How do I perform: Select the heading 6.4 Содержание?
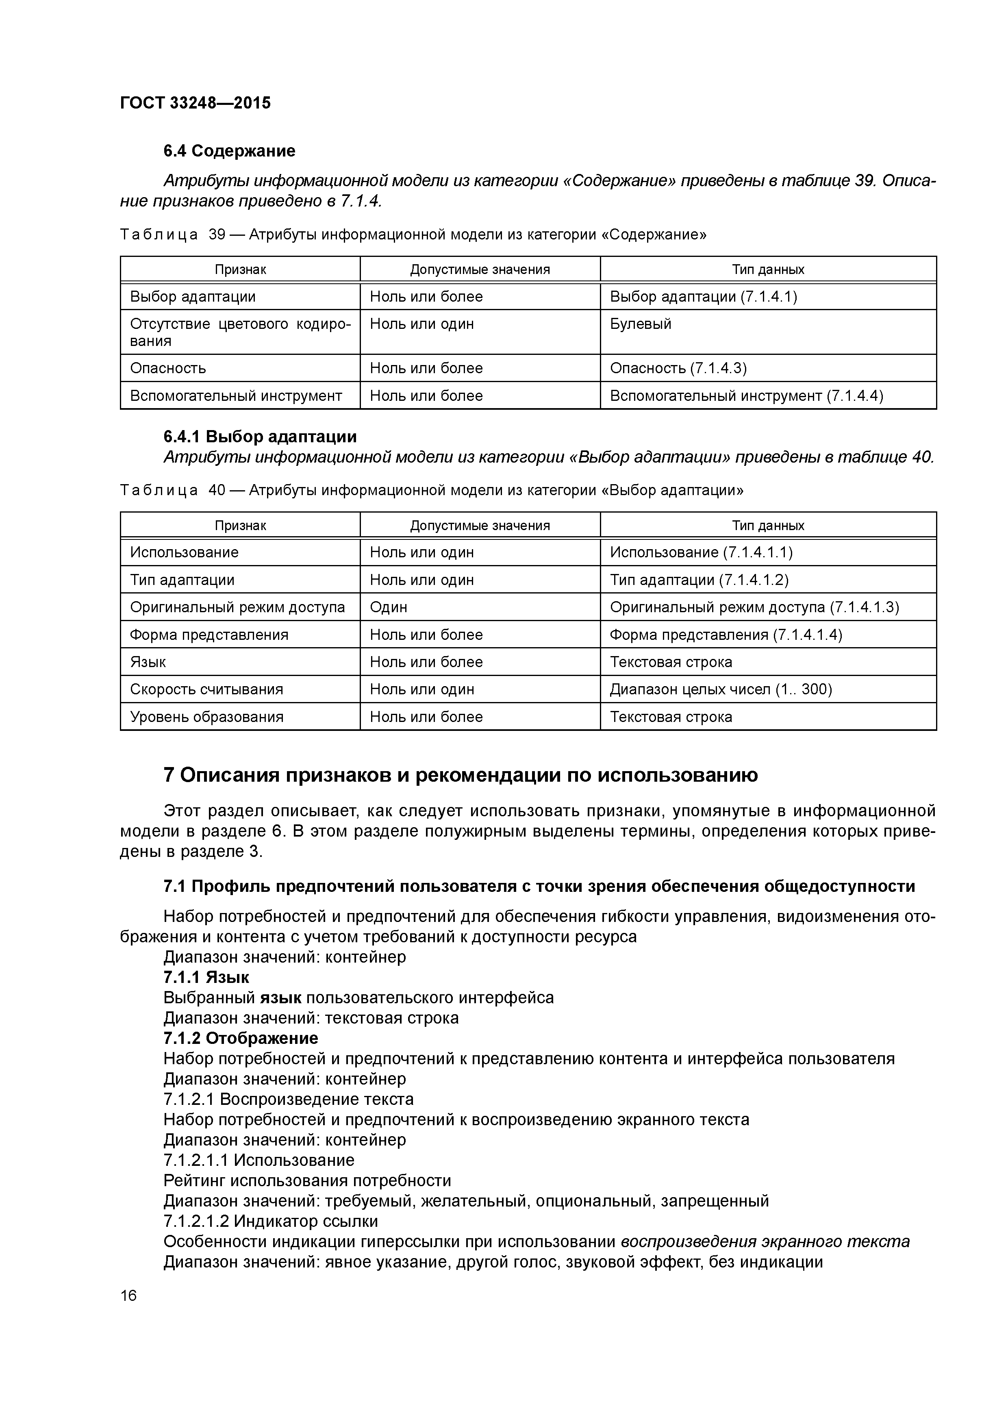click(x=229, y=151)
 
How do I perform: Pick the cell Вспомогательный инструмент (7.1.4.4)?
click(x=746, y=396)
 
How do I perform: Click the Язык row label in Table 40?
click(x=148, y=662)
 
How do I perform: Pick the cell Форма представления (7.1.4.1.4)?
click(x=726, y=635)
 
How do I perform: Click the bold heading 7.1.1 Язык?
click(x=206, y=977)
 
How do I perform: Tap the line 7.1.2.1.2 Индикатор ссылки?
click(x=270, y=1221)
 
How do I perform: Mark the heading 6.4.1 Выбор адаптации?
click(x=260, y=437)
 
